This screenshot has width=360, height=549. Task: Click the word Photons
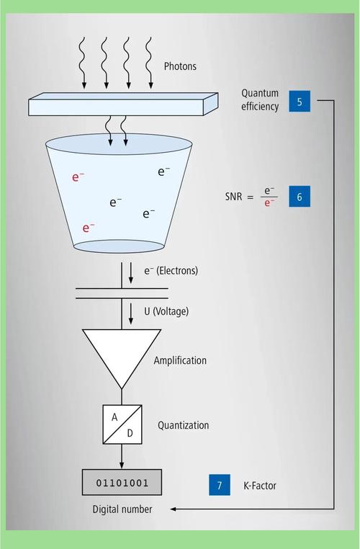click(180, 66)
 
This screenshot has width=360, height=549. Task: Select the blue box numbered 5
click(300, 101)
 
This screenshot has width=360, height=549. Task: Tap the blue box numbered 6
click(300, 197)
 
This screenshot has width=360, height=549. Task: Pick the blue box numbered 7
click(220, 485)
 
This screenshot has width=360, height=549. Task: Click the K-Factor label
click(260, 486)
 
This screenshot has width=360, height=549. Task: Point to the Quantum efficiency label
click(260, 100)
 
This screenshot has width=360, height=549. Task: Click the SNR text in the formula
click(234, 197)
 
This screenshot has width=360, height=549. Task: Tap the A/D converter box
click(122, 424)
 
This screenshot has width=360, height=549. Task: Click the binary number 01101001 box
click(122, 483)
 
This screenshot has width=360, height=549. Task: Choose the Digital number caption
click(122, 509)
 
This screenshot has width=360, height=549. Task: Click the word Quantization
click(184, 425)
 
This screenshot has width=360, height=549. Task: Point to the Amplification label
click(180, 360)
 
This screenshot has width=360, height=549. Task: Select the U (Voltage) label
click(166, 311)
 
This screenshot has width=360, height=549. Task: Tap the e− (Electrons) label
click(171, 271)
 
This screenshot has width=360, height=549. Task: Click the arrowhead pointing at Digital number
click(173, 509)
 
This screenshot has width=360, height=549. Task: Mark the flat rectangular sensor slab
click(123, 104)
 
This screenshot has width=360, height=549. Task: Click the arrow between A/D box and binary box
click(122, 457)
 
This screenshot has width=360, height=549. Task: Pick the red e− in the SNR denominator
click(269, 203)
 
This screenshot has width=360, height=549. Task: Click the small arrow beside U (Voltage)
click(131, 313)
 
